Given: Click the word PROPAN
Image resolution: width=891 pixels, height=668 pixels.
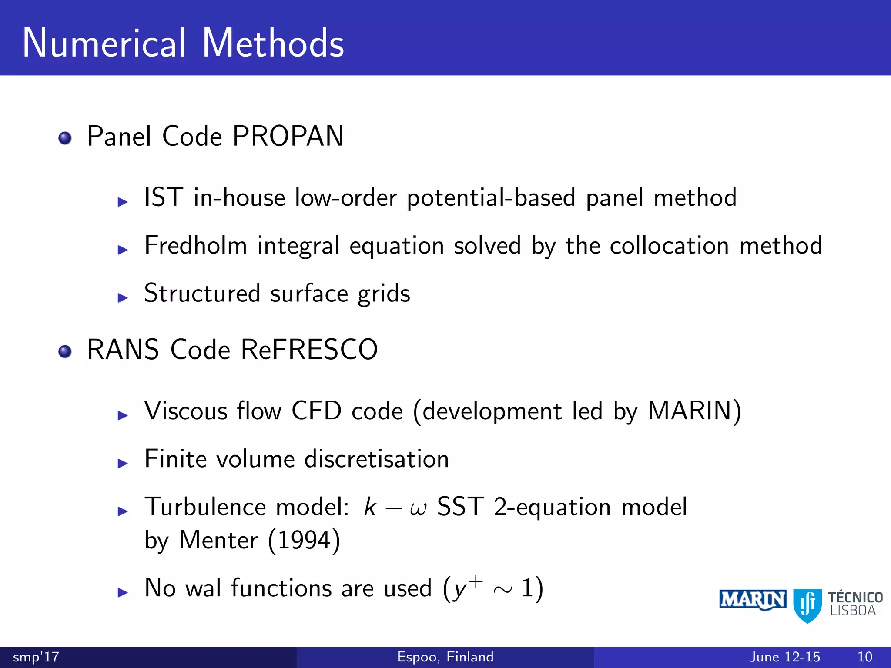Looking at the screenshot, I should click(288, 137).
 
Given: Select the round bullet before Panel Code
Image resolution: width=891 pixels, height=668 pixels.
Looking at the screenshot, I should click(65, 138).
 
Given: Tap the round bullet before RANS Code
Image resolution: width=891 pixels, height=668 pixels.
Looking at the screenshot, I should click(65, 351).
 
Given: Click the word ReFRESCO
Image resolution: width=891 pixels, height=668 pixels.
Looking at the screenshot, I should click(309, 350).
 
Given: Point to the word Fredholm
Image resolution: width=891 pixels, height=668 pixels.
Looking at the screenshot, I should click(196, 246).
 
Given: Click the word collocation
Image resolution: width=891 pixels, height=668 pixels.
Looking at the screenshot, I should click(669, 246).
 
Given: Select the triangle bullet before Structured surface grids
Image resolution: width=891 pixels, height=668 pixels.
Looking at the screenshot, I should click(123, 298).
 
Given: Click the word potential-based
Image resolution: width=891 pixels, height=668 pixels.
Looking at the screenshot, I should click(491, 198).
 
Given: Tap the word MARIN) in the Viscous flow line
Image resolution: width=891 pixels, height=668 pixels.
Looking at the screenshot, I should click(694, 411).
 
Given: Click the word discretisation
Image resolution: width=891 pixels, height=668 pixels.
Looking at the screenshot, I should click(376, 459).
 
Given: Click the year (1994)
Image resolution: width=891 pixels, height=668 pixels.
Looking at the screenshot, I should click(304, 541).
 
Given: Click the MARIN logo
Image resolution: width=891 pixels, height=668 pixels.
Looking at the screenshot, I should click(752, 600).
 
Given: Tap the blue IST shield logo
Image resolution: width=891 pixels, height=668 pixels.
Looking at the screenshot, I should click(807, 605).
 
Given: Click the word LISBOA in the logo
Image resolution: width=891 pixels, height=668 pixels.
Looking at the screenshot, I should click(853, 611).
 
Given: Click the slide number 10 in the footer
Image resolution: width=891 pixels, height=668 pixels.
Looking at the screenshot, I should click(864, 657).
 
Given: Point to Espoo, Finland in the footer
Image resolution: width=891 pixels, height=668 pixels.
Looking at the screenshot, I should click(445, 657).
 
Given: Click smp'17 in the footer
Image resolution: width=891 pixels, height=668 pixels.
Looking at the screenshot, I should click(36, 657).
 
